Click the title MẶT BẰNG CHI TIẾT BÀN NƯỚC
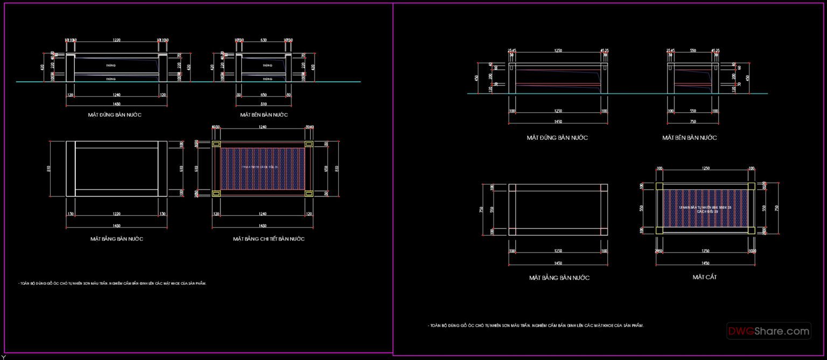click(x=269, y=239)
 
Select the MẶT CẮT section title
click(x=704, y=277)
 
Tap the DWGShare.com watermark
click(x=768, y=331)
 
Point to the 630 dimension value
click(x=263, y=40)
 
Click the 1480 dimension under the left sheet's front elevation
click(x=116, y=104)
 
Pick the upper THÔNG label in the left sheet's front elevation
click(x=111, y=65)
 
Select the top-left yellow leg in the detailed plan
click(x=216, y=144)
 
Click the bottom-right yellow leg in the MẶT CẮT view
click(x=751, y=230)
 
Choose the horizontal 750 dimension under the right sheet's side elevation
click(x=692, y=122)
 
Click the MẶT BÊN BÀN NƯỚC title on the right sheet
click(x=689, y=138)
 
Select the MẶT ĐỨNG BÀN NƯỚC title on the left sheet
click(x=115, y=115)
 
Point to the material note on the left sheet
click(x=112, y=283)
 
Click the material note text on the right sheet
click(x=536, y=326)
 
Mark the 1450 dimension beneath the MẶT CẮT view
click(x=705, y=263)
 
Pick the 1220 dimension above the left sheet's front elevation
click(x=116, y=40)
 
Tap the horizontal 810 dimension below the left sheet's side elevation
click(x=263, y=104)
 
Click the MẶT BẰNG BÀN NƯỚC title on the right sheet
click(x=559, y=278)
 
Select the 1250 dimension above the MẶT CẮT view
click(x=705, y=168)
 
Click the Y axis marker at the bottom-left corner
click(x=3, y=357)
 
